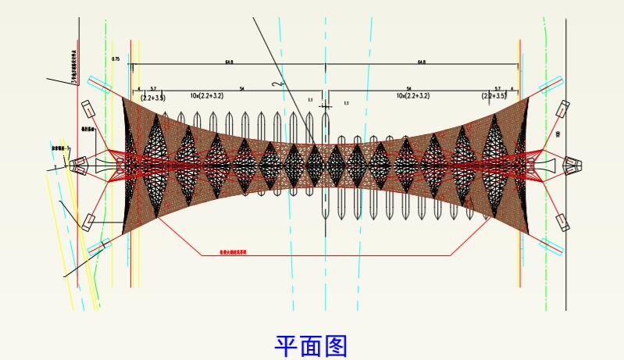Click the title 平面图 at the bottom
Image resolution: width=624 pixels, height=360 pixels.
[x=312, y=345]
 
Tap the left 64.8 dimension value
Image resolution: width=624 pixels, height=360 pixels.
[x=230, y=61]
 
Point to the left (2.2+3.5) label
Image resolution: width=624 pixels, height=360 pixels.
[x=153, y=97]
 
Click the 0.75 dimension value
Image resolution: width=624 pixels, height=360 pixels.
[x=116, y=59]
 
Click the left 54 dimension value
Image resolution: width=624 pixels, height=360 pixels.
[x=242, y=89]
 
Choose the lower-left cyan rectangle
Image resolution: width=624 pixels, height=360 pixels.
[x=98, y=249]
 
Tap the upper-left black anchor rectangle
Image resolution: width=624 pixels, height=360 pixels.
[x=87, y=109]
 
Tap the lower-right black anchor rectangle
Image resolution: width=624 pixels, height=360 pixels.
[x=562, y=222]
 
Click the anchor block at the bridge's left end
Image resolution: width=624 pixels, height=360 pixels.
[x=78, y=165]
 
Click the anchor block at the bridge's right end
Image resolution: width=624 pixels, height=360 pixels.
[x=573, y=165]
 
